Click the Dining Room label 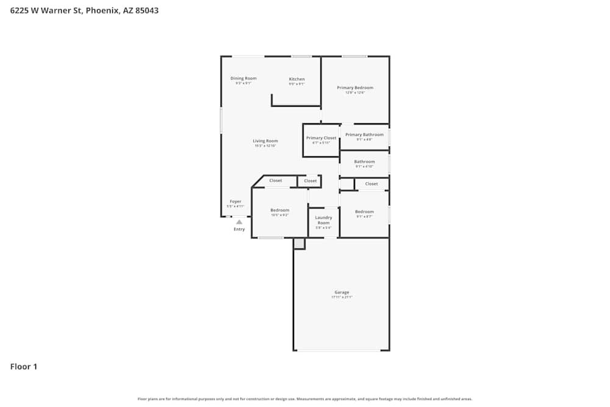[x=243, y=78]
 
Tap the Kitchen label [x=296, y=79]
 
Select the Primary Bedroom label [x=355, y=88]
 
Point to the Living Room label [x=265, y=141]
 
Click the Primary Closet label [x=321, y=138]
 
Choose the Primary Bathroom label [x=364, y=135]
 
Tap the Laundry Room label [x=323, y=220]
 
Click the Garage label [x=342, y=292]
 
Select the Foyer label [x=235, y=201]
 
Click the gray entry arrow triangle [x=239, y=222]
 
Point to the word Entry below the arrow [x=239, y=229]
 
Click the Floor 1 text [x=24, y=367]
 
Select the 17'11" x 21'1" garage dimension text [x=342, y=297]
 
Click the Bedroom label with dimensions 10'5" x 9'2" [x=280, y=211]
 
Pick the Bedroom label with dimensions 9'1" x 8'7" [x=364, y=212]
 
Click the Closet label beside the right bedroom [x=371, y=184]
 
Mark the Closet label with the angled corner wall [x=276, y=181]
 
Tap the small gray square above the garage [x=299, y=243]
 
